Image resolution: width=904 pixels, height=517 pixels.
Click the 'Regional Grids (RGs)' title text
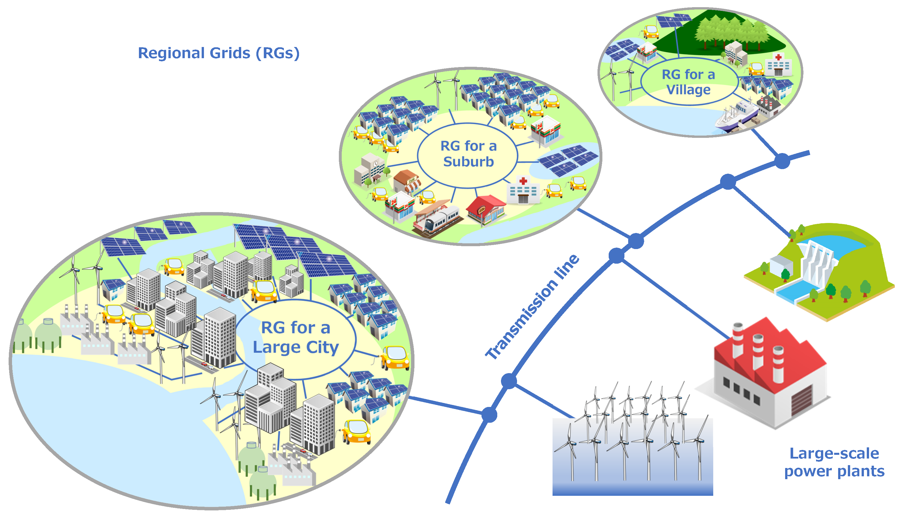219,53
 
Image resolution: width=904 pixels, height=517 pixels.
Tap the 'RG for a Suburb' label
468,154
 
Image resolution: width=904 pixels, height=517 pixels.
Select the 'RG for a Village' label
689,82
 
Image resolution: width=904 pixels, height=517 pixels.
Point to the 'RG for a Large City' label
296,337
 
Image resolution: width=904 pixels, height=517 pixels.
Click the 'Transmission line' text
532,308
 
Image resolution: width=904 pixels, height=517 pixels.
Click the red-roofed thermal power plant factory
770,373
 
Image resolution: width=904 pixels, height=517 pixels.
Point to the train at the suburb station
440,220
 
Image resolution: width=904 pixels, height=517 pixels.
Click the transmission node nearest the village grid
782,161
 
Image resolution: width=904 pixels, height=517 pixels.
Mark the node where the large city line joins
489,414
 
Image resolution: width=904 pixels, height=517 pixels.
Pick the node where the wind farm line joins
509,381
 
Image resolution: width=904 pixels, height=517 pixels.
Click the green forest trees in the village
731,32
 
